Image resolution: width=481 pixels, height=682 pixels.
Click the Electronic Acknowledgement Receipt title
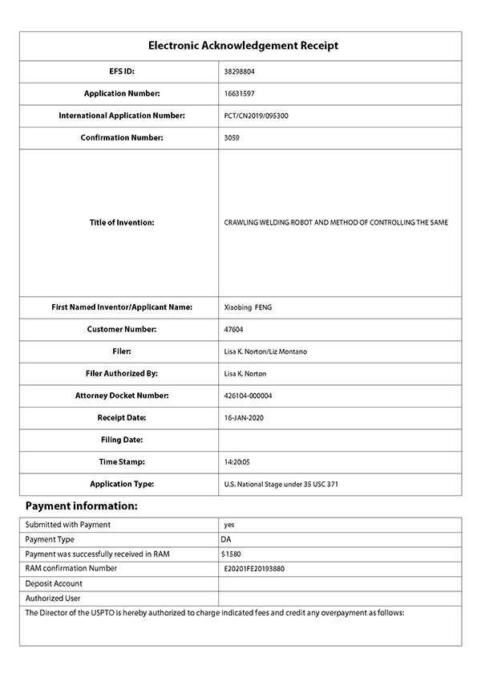[x=244, y=46]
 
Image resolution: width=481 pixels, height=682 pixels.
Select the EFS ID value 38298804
[x=240, y=71]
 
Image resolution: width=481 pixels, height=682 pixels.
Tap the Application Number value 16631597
[x=240, y=94]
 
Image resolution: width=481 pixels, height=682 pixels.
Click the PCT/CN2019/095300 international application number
[x=257, y=116]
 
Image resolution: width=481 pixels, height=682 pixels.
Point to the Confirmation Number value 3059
[x=232, y=138]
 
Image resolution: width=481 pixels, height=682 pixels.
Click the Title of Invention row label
[x=122, y=222]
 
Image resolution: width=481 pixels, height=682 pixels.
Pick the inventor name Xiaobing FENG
[x=249, y=307]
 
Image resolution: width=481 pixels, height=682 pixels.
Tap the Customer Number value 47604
[x=235, y=330]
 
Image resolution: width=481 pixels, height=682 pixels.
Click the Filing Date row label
[x=122, y=440]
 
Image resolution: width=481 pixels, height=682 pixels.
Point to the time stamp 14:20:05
[x=238, y=462]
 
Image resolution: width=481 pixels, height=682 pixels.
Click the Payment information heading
[x=82, y=506]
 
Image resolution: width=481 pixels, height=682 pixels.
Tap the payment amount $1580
[x=231, y=554]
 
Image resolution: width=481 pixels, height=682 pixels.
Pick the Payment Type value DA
[x=226, y=539]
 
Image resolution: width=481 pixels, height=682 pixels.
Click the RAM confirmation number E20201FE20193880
[x=255, y=569]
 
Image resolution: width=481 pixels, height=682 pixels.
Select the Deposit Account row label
[x=55, y=583]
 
